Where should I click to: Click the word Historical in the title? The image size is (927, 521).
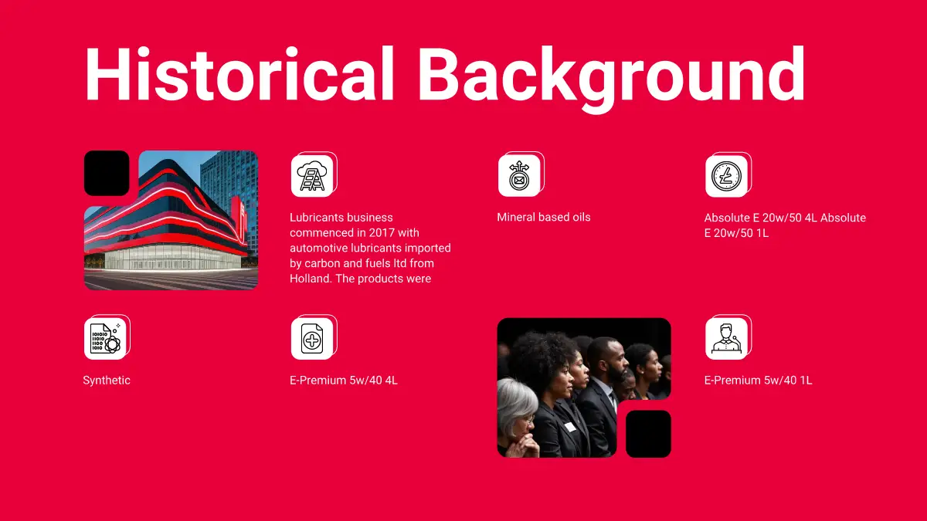pyautogui.click(x=239, y=74)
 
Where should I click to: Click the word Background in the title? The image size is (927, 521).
pyautogui.click(x=612, y=79)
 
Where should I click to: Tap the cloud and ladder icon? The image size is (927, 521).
pyautogui.click(x=312, y=176)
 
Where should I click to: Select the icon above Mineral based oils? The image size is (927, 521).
pyautogui.click(x=519, y=176)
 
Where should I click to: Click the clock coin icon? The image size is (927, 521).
pyautogui.click(x=726, y=176)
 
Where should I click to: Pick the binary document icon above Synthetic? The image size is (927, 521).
pyautogui.click(x=105, y=339)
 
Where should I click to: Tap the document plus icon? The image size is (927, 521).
pyautogui.click(x=312, y=339)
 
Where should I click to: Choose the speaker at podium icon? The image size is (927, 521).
pyautogui.click(x=726, y=339)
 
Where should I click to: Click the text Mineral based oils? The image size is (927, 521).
pyautogui.click(x=544, y=217)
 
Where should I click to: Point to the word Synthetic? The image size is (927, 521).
pyautogui.click(x=107, y=381)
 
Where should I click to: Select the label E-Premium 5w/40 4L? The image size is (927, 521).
pyautogui.click(x=344, y=381)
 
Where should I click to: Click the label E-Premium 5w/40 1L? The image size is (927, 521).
pyautogui.click(x=758, y=381)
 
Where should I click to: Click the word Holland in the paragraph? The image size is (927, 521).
pyautogui.click(x=311, y=279)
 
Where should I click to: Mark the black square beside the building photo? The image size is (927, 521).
pyautogui.click(x=107, y=173)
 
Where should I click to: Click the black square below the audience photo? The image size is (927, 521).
pyautogui.click(x=648, y=434)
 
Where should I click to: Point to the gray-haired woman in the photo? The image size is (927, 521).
pyautogui.click(x=518, y=418)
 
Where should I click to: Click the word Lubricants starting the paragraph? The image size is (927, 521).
pyautogui.click(x=317, y=218)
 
